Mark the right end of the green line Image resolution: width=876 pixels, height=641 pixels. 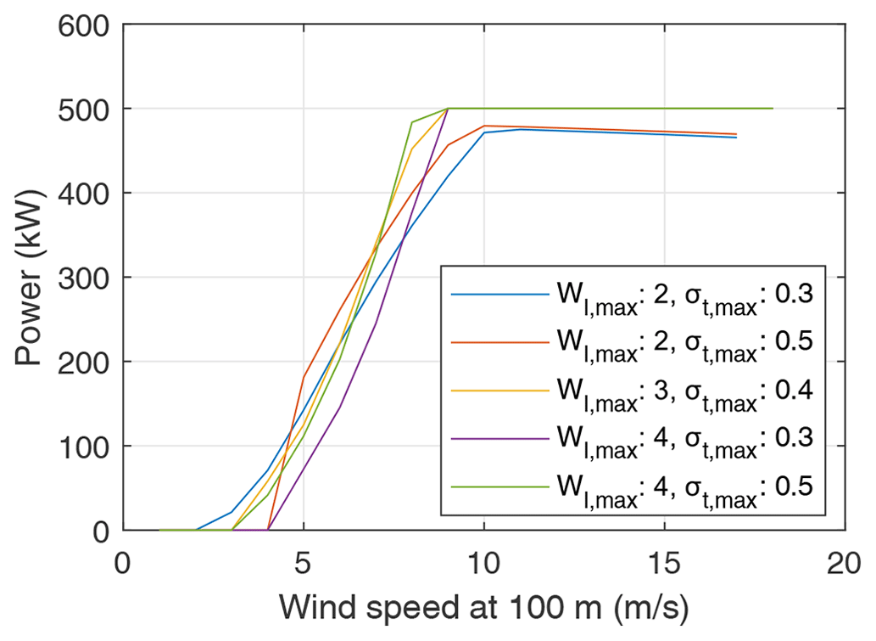pos(773,109)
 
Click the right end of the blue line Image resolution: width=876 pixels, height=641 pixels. pos(736,138)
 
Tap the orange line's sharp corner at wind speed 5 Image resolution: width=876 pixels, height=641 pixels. pos(304,376)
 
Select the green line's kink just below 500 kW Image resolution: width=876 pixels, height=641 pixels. pos(411,122)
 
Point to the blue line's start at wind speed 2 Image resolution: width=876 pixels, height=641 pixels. pos(196,530)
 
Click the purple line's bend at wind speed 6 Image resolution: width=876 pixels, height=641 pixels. pos(339,408)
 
